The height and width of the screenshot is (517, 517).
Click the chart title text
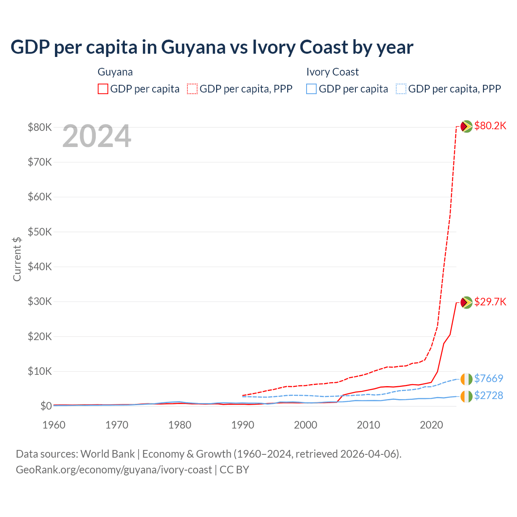click(x=212, y=47)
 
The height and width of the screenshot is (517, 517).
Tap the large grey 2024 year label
click(x=97, y=137)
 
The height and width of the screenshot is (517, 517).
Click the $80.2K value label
click(x=490, y=126)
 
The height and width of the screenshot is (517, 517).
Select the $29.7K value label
click(x=490, y=302)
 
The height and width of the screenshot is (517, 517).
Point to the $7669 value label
click(x=488, y=378)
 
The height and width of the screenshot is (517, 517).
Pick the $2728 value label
click(x=488, y=395)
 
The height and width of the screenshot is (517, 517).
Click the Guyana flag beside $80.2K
click(x=467, y=126)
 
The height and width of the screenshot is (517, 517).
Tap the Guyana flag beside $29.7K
click(x=467, y=302)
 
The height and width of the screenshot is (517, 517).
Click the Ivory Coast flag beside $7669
click(x=467, y=379)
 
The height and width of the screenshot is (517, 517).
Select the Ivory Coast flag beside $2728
click(x=467, y=396)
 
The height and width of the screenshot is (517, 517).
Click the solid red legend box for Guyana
click(x=103, y=89)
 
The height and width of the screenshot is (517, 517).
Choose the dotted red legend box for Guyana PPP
click(x=192, y=89)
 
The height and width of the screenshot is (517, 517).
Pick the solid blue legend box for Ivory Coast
click(x=311, y=89)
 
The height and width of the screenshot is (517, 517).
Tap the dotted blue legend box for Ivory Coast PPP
click(x=401, y=89)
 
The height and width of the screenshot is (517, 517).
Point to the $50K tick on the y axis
click(x=40, y=232)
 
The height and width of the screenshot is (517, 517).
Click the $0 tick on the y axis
click(x=46, y=406)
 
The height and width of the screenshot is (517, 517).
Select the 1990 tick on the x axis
click(x=243, y=425)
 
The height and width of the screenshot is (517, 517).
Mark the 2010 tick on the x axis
click(x=368, y=425)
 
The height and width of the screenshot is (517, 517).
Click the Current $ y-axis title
click(x=17, y=259)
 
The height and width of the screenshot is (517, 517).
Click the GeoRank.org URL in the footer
click(x=113, y=470)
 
